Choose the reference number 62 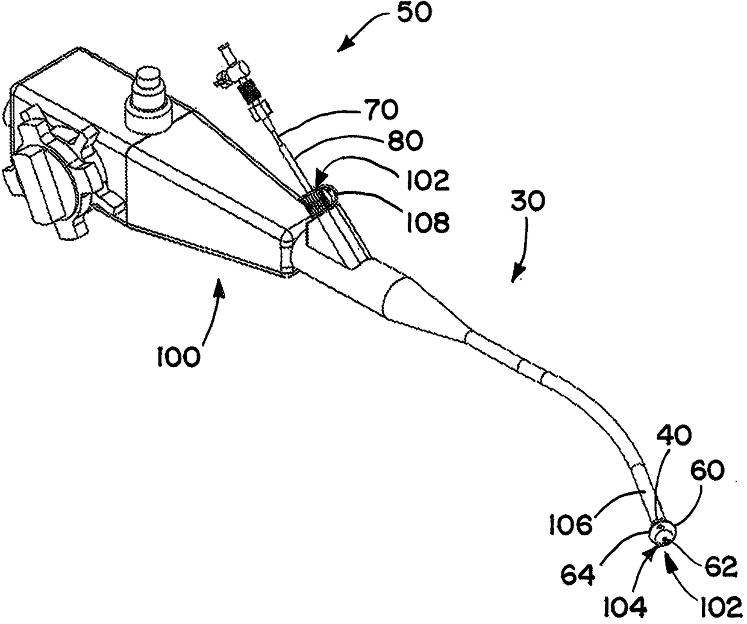(x=718, y=567)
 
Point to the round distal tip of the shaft (x=663, y=533)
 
